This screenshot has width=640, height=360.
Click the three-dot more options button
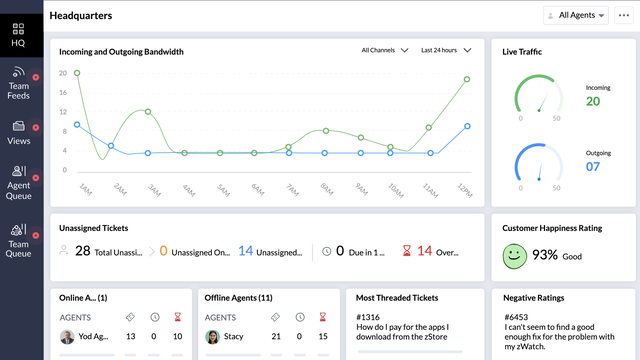click(x=624, y=15)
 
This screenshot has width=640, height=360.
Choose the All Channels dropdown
click(x=385, y=50)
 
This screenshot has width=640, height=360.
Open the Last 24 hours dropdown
click(x=445, y=50)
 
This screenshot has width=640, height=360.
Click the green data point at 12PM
click(x=467, y=80)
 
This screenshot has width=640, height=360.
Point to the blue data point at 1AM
click(x=78, y=125)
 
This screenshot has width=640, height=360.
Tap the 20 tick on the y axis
click(x=62, y=73)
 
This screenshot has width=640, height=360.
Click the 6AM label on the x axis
click(x=256, y=189)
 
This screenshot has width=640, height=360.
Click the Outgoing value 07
click(x=593, y=166)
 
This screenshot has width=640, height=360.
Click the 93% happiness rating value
click(x=545, y=255)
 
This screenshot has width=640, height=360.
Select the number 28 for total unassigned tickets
click(x=83, y=251)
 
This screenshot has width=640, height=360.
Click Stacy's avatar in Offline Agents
click(x=212, y=337)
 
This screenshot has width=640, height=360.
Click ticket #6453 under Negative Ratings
click(x=515, y=318)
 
